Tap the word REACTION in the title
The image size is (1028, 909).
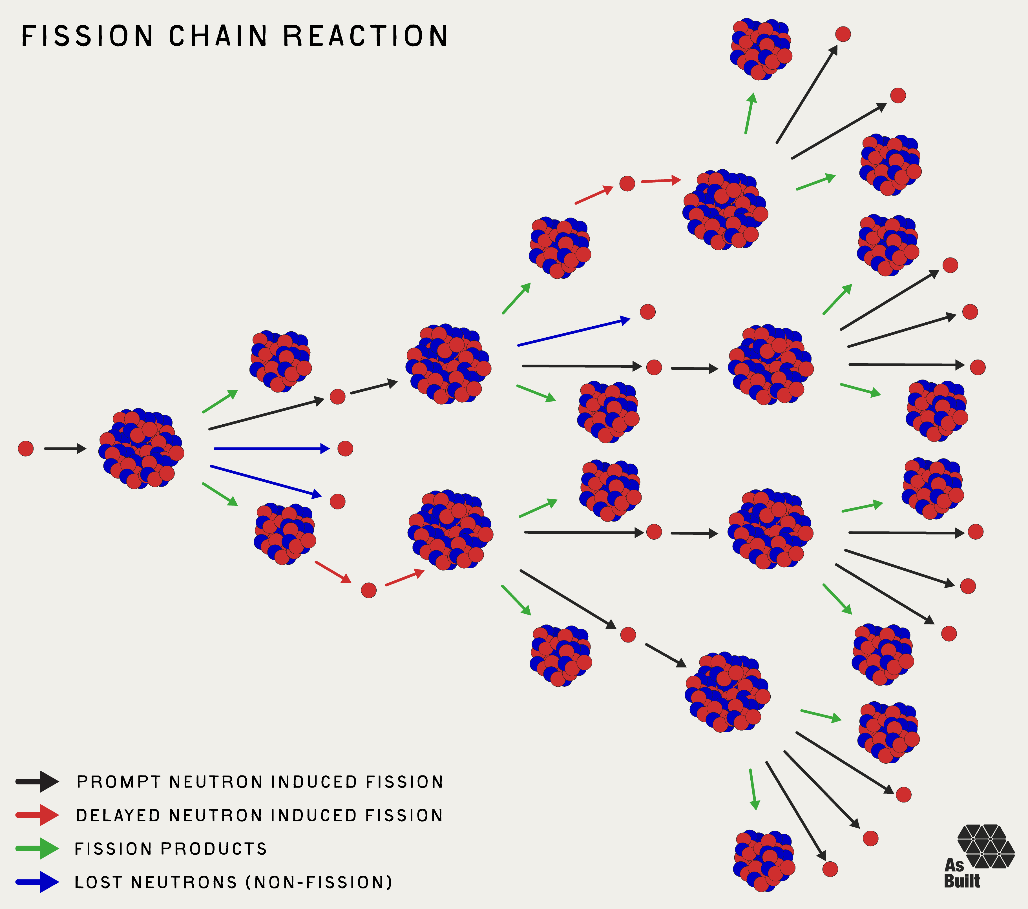coord(365,36)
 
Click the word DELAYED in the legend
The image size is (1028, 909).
coord(118,815)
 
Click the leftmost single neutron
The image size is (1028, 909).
coord(26,449)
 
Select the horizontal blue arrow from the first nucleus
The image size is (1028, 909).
coord(271,449)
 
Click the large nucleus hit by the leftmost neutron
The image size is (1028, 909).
coord(141,449)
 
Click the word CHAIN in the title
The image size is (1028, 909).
coord(218,36)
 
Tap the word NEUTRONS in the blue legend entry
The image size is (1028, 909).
coord(184,882)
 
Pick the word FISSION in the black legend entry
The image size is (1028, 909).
coord(404,782)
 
